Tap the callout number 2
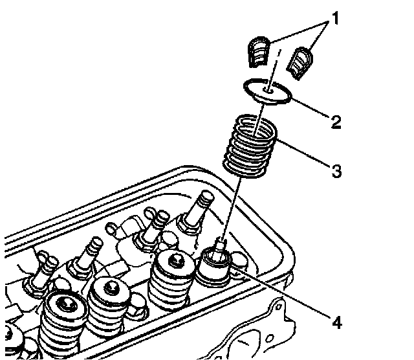click(335, 122)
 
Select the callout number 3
click(335, 172)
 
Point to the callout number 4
click(335, 321)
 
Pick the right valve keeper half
click(301, 63)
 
